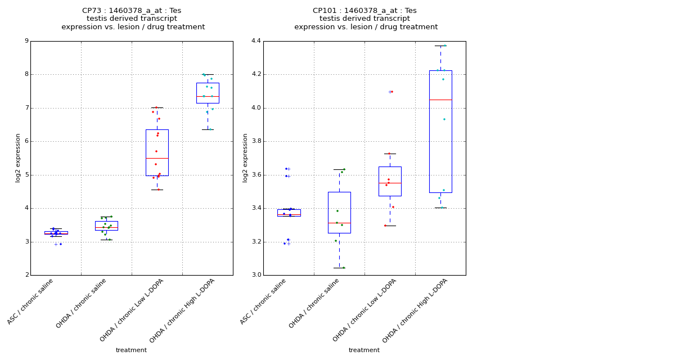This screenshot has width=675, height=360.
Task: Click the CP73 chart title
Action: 133,19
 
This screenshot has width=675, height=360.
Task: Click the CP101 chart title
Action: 366,19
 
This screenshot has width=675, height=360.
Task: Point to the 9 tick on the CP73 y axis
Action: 26,41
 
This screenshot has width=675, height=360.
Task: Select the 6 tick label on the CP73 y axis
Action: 26,141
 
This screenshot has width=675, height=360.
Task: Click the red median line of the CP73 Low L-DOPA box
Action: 157,158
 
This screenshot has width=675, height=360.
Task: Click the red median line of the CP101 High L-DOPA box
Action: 440,100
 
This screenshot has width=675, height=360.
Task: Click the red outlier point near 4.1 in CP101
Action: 392,92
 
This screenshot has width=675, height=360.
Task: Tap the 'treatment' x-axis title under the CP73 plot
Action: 131,350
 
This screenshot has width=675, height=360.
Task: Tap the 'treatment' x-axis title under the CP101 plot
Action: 364,350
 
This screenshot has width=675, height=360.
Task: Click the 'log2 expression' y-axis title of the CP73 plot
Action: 18,158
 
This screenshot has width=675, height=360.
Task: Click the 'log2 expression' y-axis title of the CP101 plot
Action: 245,158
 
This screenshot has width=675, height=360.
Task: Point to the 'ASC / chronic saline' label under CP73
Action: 31,301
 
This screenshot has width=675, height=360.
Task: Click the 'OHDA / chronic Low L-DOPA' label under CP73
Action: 133,309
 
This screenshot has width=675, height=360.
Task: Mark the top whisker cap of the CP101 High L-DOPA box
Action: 440,46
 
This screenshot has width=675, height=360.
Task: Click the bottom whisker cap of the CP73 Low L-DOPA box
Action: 157,190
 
